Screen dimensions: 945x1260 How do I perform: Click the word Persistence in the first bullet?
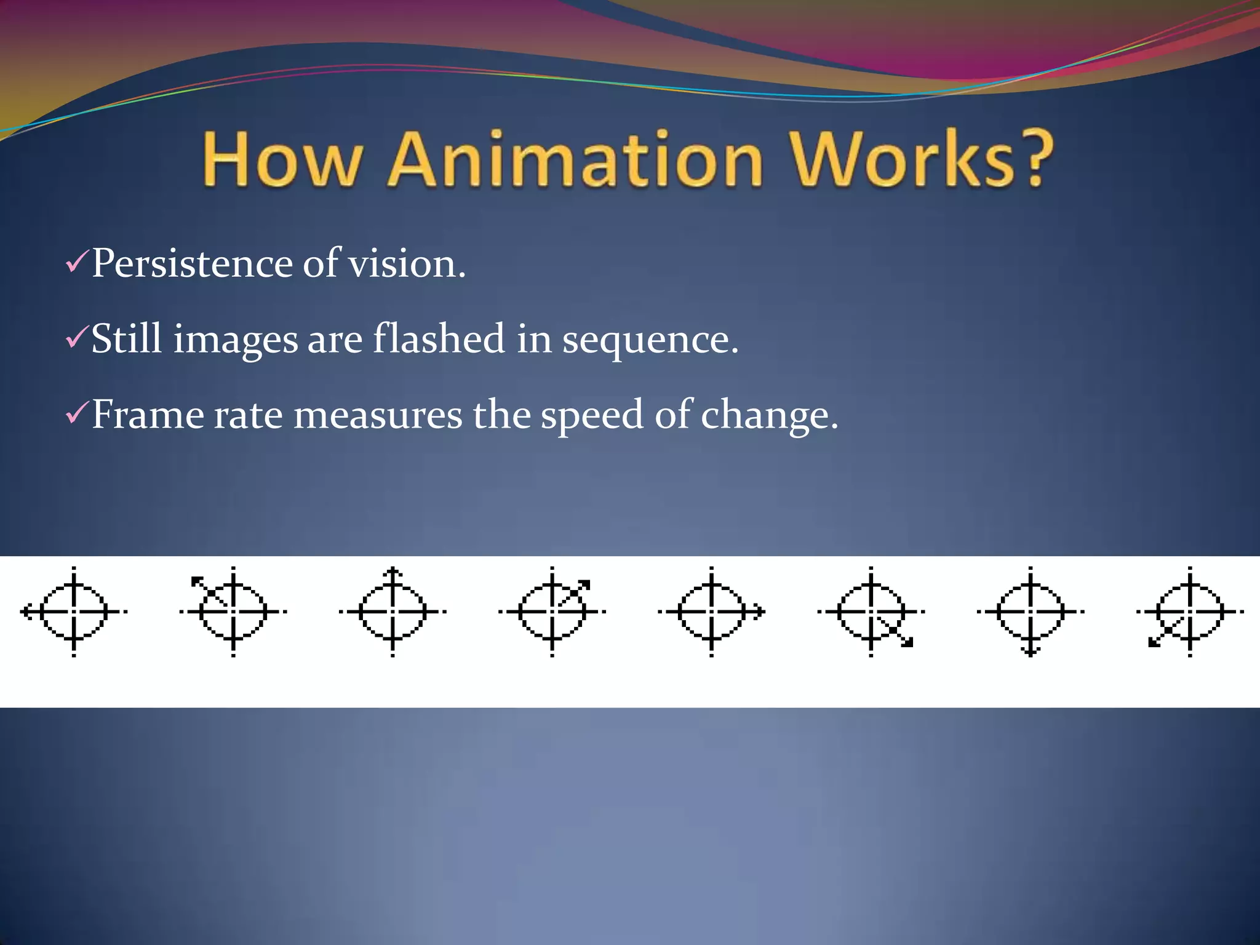[192, 264]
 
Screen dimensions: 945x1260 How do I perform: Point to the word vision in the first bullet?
[406, 264]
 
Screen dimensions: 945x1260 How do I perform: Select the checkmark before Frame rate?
[77, 413]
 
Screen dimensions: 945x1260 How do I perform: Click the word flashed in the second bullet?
[439, 339]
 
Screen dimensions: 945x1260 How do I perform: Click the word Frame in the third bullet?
[148, 415]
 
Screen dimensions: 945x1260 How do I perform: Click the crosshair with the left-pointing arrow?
[73, 612]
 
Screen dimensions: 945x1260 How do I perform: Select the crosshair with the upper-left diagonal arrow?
[233, 612]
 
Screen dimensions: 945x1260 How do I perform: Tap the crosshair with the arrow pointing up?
[393, 612]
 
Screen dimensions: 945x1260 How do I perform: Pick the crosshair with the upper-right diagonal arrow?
[552, 612]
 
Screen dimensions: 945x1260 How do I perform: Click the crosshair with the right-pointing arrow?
[711, 612]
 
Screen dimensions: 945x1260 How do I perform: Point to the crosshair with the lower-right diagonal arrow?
[871, 612]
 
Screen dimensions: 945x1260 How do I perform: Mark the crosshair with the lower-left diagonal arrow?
[1190, 612]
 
